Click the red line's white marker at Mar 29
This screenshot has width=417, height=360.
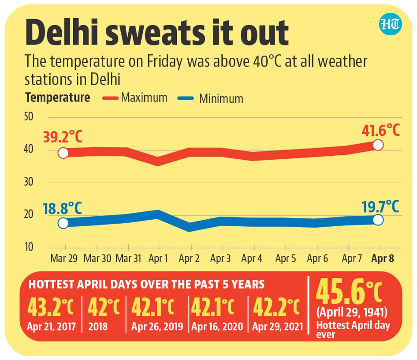(x=63, y=153)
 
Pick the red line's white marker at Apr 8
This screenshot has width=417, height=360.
(x=378, y=145)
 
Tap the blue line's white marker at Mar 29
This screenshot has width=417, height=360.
(x=63, y=223)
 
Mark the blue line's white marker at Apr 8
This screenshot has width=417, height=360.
(x=378, y=220)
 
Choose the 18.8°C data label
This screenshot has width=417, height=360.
(x=63, y=207)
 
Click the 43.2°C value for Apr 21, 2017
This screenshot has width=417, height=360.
(x=52, y=307)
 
